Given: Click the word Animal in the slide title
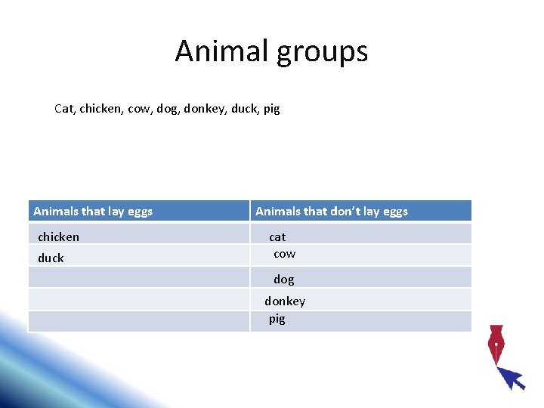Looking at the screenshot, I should tap(221, 51).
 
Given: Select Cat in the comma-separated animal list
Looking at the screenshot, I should tap(64, 109).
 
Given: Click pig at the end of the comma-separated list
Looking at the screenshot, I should tap(270, 110).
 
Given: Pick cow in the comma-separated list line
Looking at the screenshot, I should tap(139, 109).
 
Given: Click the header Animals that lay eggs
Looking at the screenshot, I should tap(93, 212).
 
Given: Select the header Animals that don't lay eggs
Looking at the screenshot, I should tap(332, 212).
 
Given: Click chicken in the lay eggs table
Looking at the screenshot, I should tap(58, 237).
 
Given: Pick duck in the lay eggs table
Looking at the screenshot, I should tap(51, 258).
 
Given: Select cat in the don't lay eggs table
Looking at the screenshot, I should tap(277, 237).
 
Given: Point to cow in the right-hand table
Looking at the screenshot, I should tap(284, 254).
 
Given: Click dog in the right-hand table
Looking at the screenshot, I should tap(284, 280).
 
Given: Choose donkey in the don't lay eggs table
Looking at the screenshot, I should tap(285, 301).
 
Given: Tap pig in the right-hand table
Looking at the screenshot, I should tap(277, 319).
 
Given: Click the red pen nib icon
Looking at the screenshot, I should tap(496, 344).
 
